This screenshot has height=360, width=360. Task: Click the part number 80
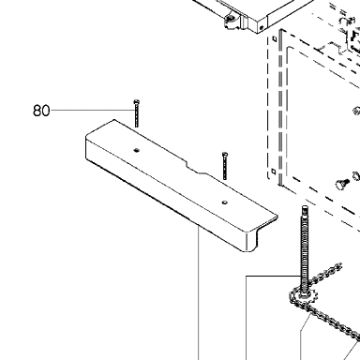tap(41, 111)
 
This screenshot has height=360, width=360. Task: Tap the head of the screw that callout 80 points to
tap(136, 102)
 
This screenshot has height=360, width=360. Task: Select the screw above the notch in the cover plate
tap(225, 166)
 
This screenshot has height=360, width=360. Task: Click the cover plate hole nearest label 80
tap(136, 150)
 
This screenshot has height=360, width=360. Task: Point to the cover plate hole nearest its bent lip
tap(225, 202)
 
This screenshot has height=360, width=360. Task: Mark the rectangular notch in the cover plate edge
tap(196, 167)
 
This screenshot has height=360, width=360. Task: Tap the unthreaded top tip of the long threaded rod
tap(305, 209)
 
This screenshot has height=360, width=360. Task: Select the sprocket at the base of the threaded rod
tap(304, 297)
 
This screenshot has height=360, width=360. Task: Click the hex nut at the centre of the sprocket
tap(304, 295)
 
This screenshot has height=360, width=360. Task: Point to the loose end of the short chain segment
tap(338, 266)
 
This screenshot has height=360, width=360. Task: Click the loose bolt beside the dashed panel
tap(341, 184)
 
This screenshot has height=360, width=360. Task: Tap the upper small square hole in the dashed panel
tap(274, 38)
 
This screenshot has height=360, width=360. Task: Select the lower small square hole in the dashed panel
tap(274, 171)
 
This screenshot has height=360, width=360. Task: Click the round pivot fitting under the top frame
tap(231, 19)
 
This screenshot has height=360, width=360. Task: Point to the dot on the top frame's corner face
tap(262, 27)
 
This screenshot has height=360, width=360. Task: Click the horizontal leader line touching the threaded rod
tap(274, 277)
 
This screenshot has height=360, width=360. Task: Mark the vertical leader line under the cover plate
tap(199, 293)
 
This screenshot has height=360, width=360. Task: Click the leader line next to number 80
tap(92, 110)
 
